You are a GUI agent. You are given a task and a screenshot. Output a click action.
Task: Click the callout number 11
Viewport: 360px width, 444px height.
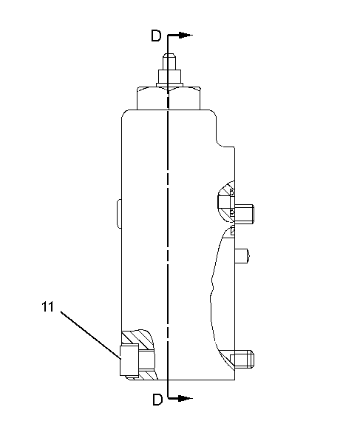[x=47, y=306]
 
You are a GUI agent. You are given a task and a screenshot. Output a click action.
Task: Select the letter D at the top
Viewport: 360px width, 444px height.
[x=156, y=36]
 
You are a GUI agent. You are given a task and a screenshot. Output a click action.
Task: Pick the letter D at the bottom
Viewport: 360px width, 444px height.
[x=157, y=400]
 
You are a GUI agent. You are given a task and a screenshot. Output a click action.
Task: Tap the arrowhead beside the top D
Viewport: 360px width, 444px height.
[x=186, y=35]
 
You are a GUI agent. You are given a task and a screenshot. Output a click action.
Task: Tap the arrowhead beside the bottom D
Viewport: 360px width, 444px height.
[x=186, y=398]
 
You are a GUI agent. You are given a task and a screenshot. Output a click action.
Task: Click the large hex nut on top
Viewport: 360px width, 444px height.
[x=169, y=98]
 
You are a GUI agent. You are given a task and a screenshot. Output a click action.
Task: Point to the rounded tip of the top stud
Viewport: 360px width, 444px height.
[x=169, y=58]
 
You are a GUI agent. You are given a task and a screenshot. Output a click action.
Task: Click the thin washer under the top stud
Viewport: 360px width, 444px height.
[x=169, y=84]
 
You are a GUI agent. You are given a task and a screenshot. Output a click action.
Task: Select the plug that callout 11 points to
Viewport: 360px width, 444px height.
[x=129, y=361]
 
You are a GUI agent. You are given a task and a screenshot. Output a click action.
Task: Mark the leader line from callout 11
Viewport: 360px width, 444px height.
[x=91, y=335]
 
